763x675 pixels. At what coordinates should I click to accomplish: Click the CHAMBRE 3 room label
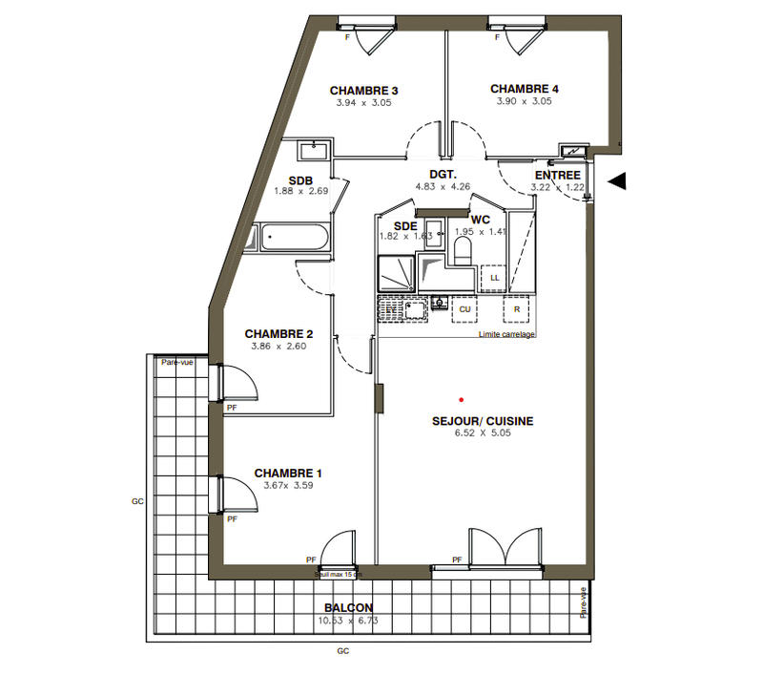tap(363, 91)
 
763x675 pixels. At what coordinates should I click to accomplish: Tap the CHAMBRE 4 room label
tap(525, 89)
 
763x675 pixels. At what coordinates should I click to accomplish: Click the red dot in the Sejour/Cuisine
tap(460, 399)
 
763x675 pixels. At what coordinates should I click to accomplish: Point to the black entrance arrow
tap(617, 179)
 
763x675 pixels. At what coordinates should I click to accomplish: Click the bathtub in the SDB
tap(294, 237)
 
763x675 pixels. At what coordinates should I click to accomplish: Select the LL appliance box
tap(494, 278)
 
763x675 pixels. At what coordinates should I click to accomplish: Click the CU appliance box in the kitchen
tap(465, 310)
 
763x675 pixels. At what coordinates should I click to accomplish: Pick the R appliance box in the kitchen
tap(516, 310)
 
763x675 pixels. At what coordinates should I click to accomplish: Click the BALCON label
tap(348, 608)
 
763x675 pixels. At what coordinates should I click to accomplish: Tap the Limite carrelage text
tap(506, 335)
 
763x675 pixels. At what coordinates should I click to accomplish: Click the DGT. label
tap(443, 175)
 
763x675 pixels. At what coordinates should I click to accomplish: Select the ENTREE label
tap(557, 176)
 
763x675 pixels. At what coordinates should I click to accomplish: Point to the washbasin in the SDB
tap(312, 150)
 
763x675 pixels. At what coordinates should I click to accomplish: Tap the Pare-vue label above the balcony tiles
tap(177, 362)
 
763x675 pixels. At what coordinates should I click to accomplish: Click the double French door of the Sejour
tap(506, 551)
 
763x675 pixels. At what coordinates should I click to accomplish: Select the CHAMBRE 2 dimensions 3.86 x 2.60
tap(278, 346)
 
